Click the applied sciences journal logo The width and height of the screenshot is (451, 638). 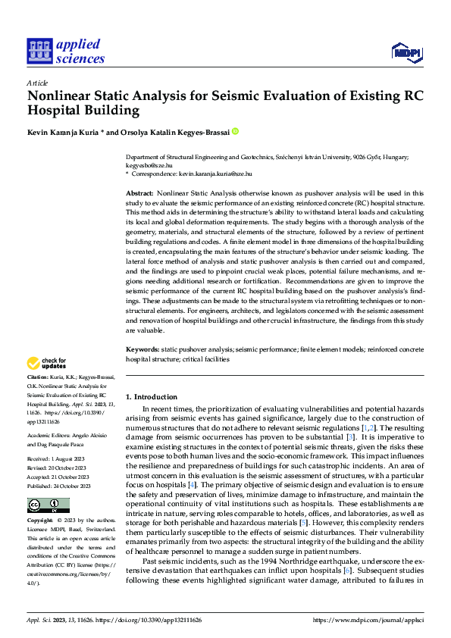65,50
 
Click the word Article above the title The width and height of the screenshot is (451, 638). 37,82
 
